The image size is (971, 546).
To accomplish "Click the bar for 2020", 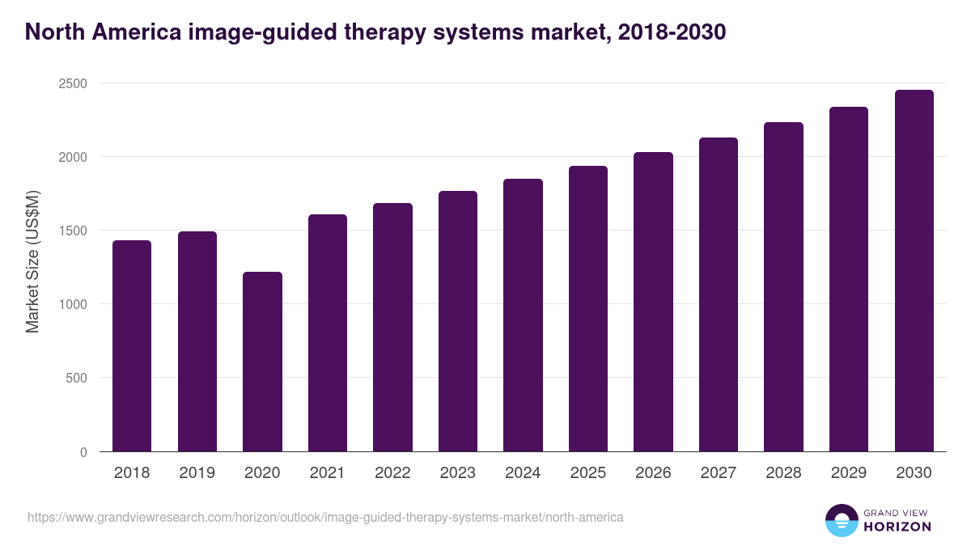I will click(262, 362).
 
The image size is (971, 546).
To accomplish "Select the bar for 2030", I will click(914, 271).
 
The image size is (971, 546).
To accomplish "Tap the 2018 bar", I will click(132, 346).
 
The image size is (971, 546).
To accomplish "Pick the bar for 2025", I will click(588, 309).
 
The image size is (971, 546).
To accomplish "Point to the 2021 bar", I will click(328, 333).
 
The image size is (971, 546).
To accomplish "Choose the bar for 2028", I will click(783, 287).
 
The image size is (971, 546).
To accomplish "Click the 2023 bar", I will click(458, 321).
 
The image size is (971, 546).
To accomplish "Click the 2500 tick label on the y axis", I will click(71, 83).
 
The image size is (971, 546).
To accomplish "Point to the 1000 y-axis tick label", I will click(71, 304).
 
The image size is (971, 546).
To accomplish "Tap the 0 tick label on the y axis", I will click(83, 452).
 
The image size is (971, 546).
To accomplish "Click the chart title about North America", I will click(375, 32).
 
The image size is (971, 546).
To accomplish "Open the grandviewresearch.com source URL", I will click(325, 517).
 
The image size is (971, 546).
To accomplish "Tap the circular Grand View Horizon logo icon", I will click(841, 520).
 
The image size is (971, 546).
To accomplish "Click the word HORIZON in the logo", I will click(896, 527).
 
